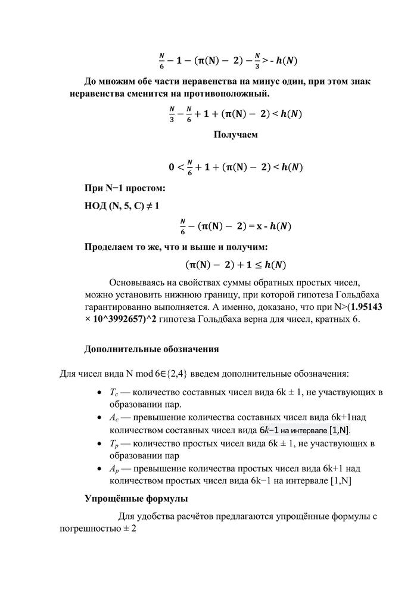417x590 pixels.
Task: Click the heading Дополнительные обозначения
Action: (x=151, y=349)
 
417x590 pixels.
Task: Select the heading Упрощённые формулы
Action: (x=136, y=498)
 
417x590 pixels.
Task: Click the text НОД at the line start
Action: (x=97, y=206)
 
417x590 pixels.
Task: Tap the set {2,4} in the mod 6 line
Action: (x=173, y=374)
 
